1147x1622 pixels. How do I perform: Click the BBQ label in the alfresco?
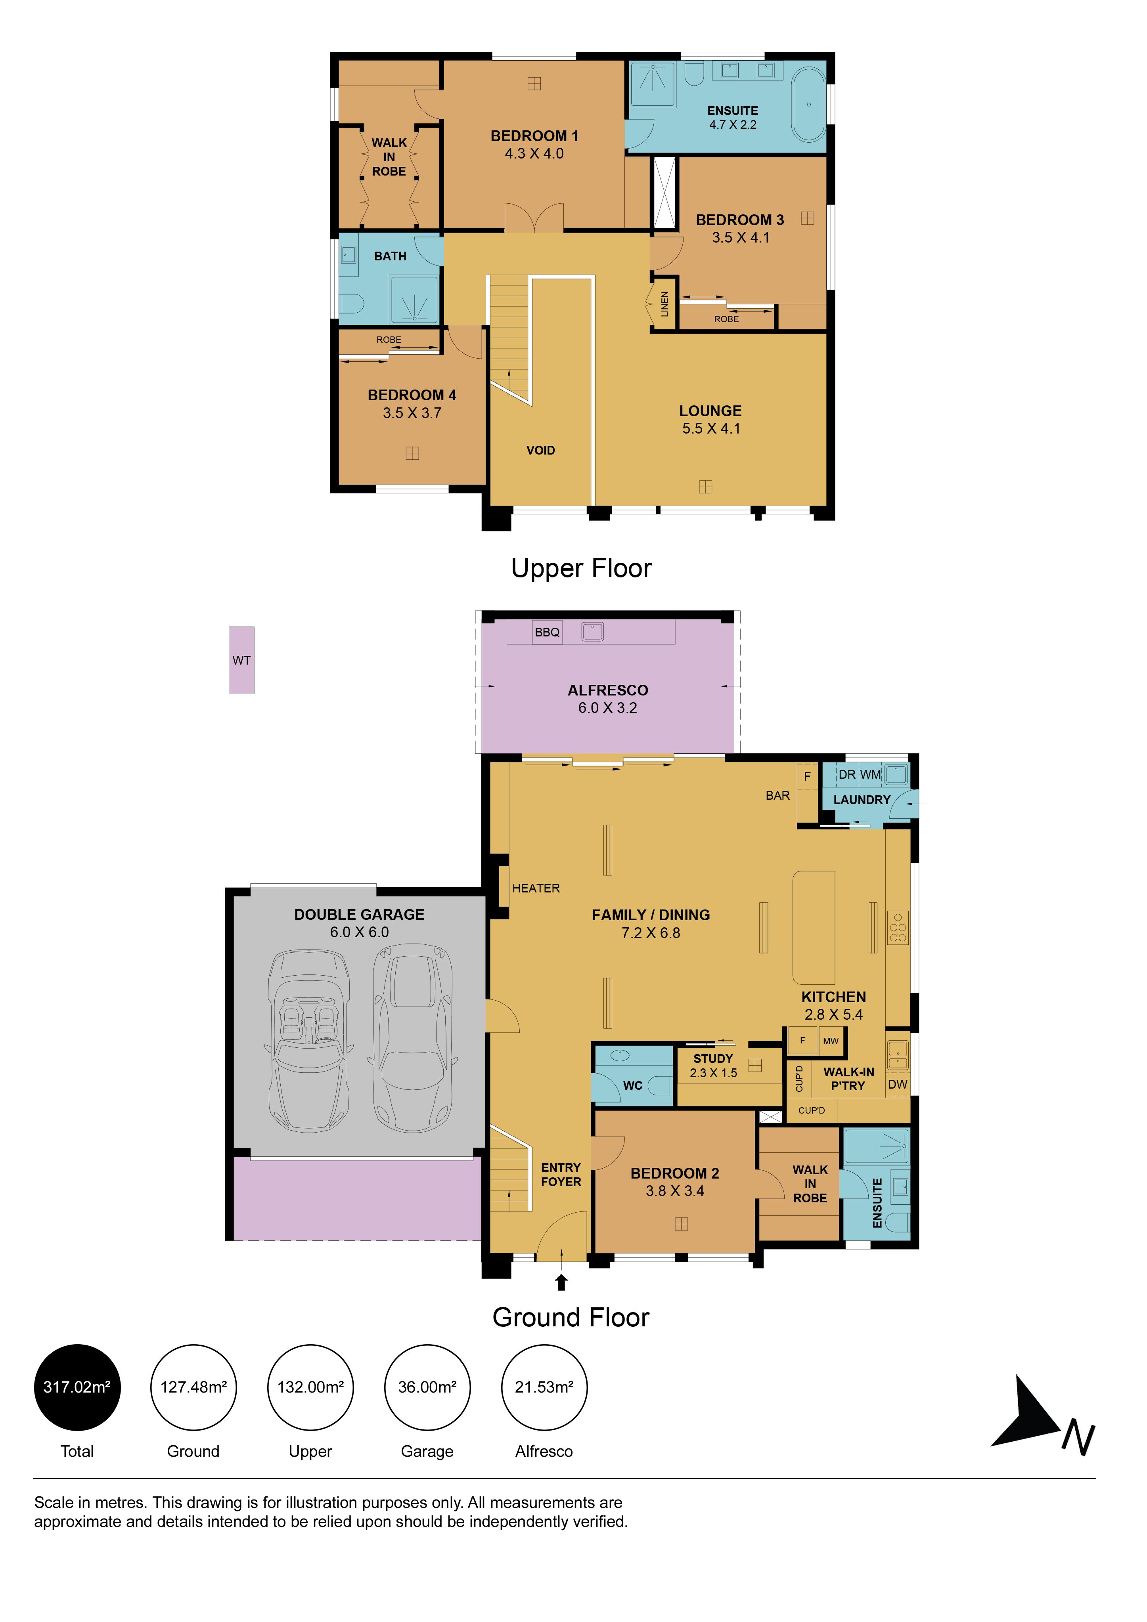pyautogui.click(x=547, y=632)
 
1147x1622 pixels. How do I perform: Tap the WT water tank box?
pyautogui.click(x=241, y=661)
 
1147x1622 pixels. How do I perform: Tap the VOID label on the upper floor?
pyautogui.click(x=541, y=451)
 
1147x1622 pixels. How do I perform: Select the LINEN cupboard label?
pyautogui.click(x=664, y=304)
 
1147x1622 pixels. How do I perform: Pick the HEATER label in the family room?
pyautogui.click(x=536, y=889)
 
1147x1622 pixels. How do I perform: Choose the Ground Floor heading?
pyautogui.click(x=571, y=1318)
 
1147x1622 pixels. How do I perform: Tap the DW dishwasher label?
pyautogui.click(x=898, y=1084)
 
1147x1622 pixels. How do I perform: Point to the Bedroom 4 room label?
pyautogui.click(x=412, y=404)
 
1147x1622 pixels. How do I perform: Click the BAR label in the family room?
pyautogui.click(x=777, y=795)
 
